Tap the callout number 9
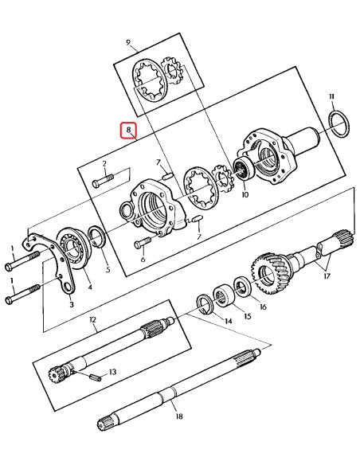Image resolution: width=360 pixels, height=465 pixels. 127,41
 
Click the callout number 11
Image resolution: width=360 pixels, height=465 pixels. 331,97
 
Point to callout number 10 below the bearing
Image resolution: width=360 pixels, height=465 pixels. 244,194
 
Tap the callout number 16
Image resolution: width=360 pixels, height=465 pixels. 264,307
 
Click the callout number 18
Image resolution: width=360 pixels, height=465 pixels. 178,416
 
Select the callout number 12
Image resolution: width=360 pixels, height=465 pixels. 93,320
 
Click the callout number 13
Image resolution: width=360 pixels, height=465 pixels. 112,372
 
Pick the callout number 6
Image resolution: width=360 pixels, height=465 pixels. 143,259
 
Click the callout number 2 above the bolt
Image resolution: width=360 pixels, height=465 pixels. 104,162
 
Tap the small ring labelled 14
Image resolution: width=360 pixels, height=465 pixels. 205,303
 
